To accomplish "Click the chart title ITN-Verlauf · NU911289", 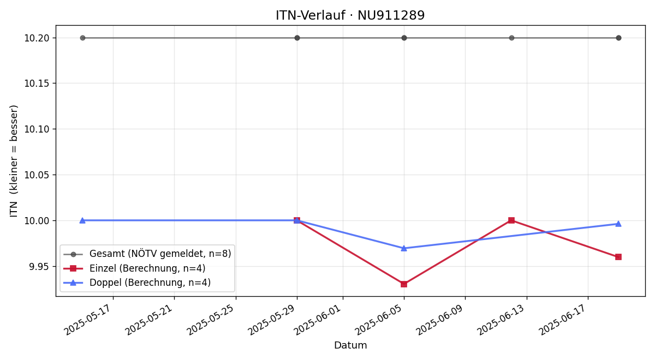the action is coord(350,15).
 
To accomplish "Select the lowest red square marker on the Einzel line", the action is coord(404,284).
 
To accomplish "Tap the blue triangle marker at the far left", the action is coord(82,220).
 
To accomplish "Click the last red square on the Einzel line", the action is coord(618,257).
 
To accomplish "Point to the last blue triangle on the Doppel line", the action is coord(618,224).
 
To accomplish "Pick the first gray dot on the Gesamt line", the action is coord(82,38).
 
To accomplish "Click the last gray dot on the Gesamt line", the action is coord(618,38).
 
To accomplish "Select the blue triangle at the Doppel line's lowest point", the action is coord(404,248).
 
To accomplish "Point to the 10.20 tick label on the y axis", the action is coord(36,38).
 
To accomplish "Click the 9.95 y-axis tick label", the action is coord(39,267).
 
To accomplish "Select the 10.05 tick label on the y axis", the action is coord(36,175).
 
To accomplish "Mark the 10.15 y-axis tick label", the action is coord(36,83).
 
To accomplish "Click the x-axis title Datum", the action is coord(350,345).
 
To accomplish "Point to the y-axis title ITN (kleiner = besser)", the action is coord(14,161).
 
